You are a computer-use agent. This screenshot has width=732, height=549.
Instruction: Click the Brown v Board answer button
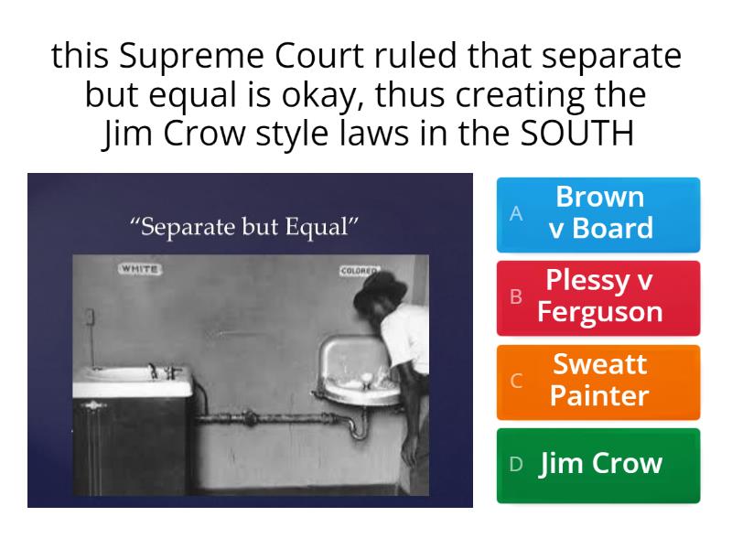point(598,214)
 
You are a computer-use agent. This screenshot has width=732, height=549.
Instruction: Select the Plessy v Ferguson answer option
point(598,297)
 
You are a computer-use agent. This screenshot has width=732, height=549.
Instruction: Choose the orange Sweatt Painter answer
point(598,381)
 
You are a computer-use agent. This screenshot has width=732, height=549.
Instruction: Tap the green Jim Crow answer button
point(598,464)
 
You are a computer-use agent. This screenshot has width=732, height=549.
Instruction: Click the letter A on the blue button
point(516,214)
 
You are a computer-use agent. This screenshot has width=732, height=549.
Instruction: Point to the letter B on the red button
point(516,297)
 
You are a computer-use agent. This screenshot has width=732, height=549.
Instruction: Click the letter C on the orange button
point(516,381)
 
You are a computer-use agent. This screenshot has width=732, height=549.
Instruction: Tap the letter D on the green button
point(516,464)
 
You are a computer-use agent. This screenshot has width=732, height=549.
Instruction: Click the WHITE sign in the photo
point(139,269)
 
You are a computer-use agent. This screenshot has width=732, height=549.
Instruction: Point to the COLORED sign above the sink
point(359,271)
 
